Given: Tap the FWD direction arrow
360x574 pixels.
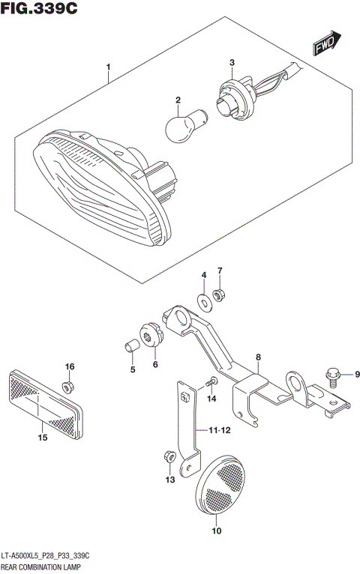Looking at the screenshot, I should pyautogui.click(x=327, y=44).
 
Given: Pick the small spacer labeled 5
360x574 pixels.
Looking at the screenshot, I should pyautogui.click(x=130, y=347).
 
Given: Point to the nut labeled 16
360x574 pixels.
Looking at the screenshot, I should pyautogui.click(x=68, y=387).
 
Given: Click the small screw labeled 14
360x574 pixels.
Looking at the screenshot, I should pyautogui.click(x=211, y=383).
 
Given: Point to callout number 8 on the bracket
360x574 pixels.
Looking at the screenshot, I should pyautogui.click(x=257, y=357).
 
